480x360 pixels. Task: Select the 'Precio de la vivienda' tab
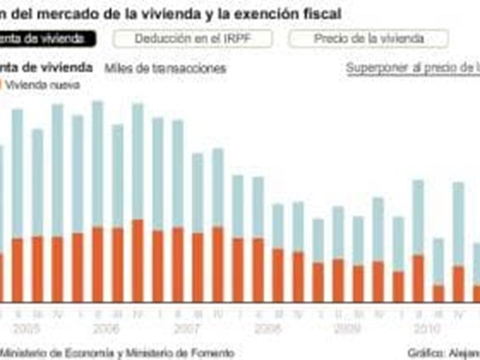pyautogui.click(x=368, y=38)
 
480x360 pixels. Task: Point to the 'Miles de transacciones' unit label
pyautogui.click(x=165, y=68)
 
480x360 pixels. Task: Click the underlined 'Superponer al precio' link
pyautogui.click(x=412, y=68)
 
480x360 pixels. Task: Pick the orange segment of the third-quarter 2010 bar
pyautogui.click(x=439, y=293)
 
